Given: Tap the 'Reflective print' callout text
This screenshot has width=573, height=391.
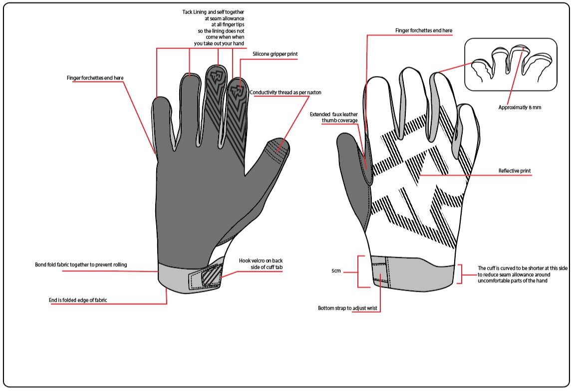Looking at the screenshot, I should tap(515, 171).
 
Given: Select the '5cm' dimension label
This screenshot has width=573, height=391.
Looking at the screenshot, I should tap(336, 271).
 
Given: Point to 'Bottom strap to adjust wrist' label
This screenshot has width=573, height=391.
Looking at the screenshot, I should tap(349, 308).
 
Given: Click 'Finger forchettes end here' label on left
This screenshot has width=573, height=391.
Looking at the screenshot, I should tap(95, 78).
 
